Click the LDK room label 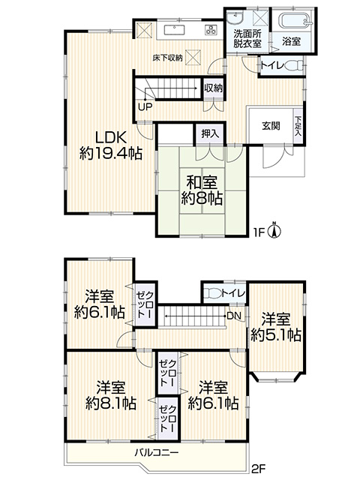tap(111, 145)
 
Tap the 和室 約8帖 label tap(202, 191)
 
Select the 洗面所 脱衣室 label tap(247, 38)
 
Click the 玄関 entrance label tap(271, 126)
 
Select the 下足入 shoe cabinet tap(298, 126)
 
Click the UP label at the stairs tap(145, 107)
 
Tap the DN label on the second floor tap(234, 316)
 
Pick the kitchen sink tap(175, 30)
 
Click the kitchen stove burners tap(211, 30)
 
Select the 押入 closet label tap(210, 133)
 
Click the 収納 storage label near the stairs tap(213, 88)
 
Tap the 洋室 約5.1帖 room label tap(276, 328)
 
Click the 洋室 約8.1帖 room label tap(111, 395)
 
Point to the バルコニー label tap(157, 452)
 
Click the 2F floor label tap(259, 468)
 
